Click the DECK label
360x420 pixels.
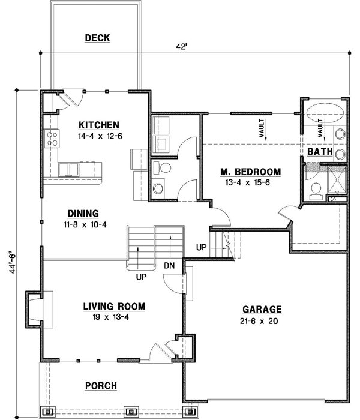pyautogui.click(x=97, y=38)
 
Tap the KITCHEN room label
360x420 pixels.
pyautogui.click(x=99, y=125)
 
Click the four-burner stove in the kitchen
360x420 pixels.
pyautogui.click(x=52, y=139)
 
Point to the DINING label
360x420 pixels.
pyautogui.click(x=83, y=212)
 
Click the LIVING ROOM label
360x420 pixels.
pyautogui.click(x=114, y=306)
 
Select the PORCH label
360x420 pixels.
pyautogui.click(x=101, y=385)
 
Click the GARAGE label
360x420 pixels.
pyautogui.click(x=262, y=310)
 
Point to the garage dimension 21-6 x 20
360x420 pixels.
pyautogui.click(x=262, y=320)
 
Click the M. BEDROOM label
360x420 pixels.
pyautogui.click(x=251, y=172)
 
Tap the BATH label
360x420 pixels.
pyautogui.click(x=320, y=152)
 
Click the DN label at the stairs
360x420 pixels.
pyautogui.click(x=170, y=265)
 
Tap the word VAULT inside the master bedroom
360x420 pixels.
pyautogui.click(x=262, y=129)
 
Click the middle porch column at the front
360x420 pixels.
pyautogui.click(x=130, y=412)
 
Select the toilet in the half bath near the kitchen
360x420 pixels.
pyautogui.click(x=161, y=167)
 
